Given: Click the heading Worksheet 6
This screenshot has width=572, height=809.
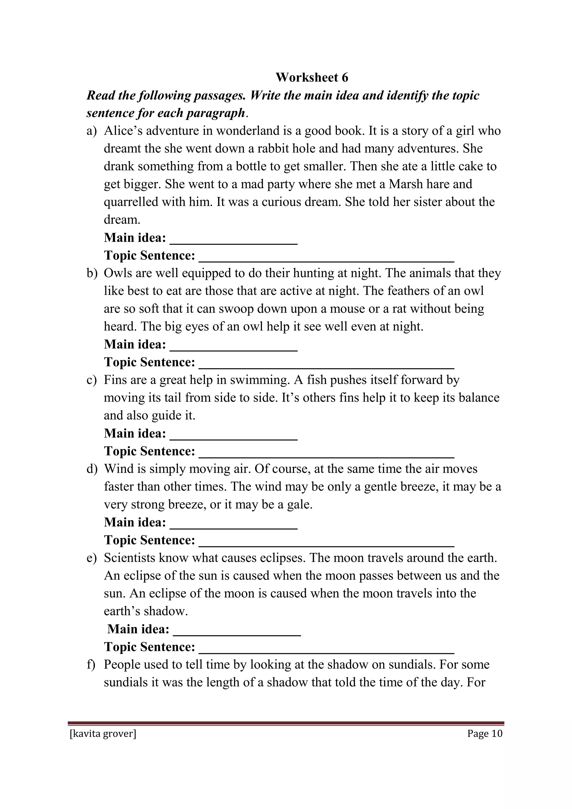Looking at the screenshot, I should tap(312, 77).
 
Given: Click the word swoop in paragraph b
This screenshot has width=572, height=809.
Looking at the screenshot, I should tap(236, 309).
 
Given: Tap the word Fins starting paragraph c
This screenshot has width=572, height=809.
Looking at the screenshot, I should tap(115, 380).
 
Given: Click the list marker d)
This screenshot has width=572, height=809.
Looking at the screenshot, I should tap(91, 469).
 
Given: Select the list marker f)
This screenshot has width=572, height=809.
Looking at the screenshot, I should tap(91, 665).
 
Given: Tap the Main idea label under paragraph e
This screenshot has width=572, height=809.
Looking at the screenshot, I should tap(138, 629).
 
